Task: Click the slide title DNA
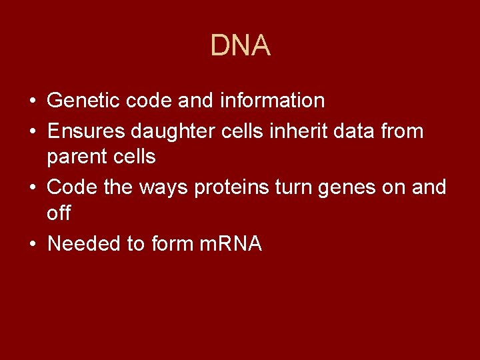[x=240, y=45]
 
